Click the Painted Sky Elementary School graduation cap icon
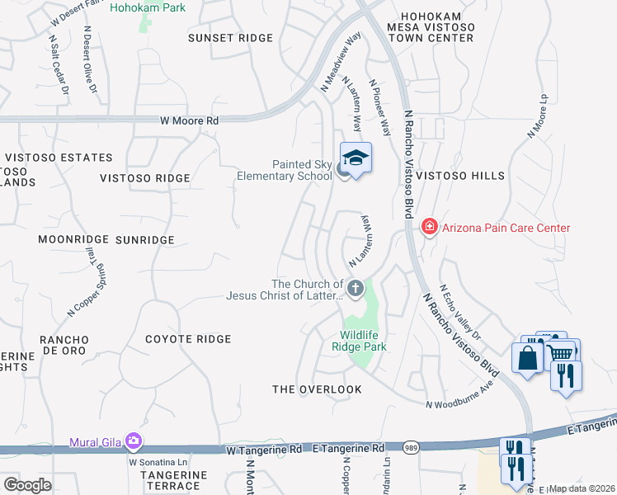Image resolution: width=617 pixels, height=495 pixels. click(356, 157)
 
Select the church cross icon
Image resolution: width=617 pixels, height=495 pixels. click(356, 288)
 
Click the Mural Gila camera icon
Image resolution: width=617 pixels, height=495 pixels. click(132, 441)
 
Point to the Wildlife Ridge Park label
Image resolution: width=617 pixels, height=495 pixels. click(364, 341)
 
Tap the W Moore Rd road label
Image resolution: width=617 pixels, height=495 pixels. click(190, 120)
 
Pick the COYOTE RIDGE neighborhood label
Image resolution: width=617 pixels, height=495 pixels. click(188, 339)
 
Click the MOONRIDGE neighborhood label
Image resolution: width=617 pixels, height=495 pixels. click(73, 239)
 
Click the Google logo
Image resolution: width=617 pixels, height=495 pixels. click(26, 484)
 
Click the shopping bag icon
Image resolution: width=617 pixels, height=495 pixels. click(527, 357)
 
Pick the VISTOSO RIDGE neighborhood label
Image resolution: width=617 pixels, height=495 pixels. click(144, 178)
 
